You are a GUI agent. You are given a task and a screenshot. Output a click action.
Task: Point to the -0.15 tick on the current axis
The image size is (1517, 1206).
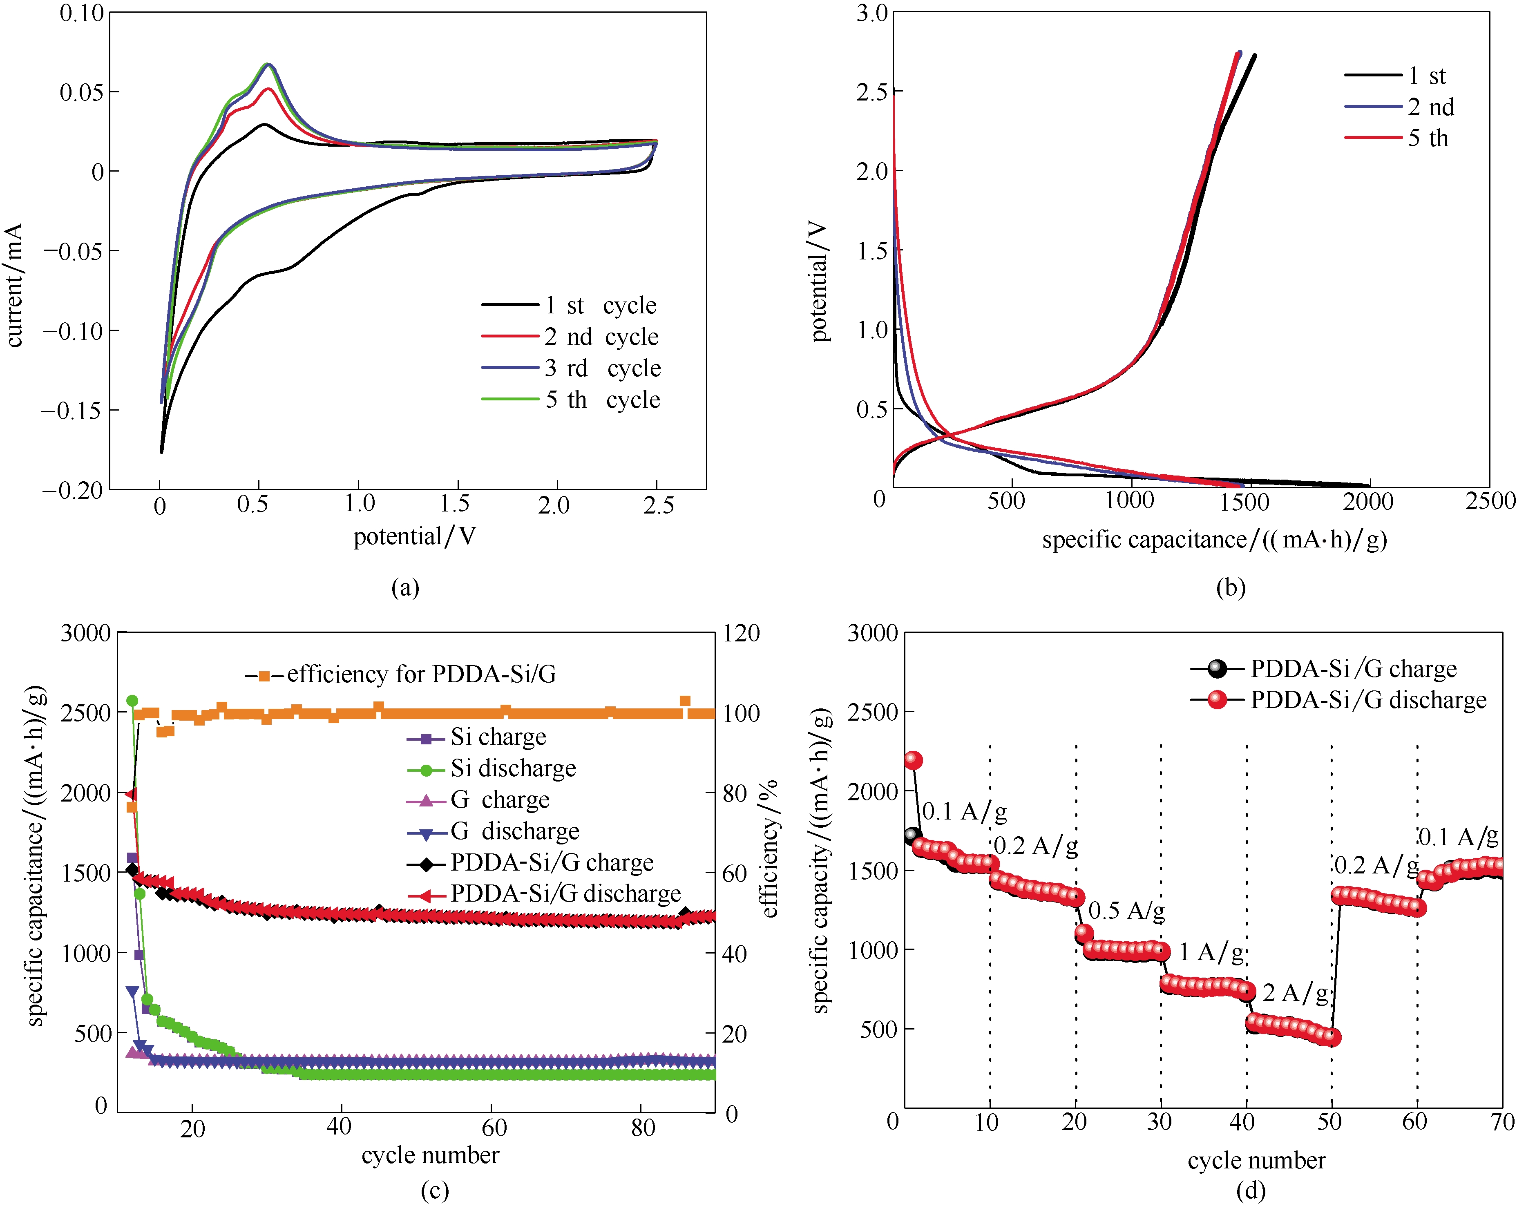(x=72, y=410)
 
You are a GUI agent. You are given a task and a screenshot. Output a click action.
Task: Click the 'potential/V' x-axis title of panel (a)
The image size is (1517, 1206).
(x=414, y=537)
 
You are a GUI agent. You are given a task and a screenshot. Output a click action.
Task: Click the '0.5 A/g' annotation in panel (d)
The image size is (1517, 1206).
(x=1126, y=911)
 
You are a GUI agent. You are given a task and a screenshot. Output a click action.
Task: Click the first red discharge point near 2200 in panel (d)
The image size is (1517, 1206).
(x=913, y=760)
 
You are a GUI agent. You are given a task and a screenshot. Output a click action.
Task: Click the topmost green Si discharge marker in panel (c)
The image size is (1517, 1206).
(x=132, y=701)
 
